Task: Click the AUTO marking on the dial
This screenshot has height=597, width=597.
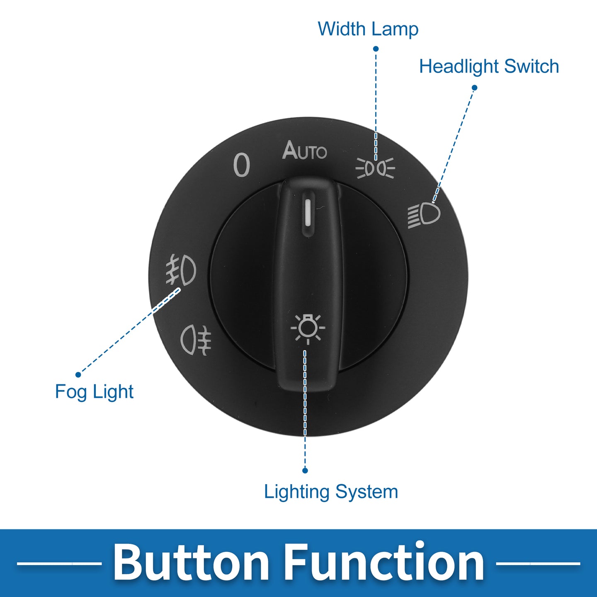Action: point(305,150)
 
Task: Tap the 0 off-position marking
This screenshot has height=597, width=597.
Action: point(242,165)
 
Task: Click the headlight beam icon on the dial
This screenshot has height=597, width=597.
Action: point(424,214)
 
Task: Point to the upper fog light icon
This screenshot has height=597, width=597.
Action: point(181,269)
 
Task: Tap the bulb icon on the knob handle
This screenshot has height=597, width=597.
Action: point(308,329)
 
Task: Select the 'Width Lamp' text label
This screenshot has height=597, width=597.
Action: point(368,29)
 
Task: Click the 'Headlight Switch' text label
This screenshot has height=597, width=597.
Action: point(489,66)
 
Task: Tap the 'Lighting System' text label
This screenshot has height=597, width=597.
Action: point(331,492)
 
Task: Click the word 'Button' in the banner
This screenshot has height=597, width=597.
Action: point(190,562)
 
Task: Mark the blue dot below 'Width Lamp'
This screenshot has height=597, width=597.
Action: point(376,49)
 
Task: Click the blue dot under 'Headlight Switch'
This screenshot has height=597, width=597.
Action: point(474,88)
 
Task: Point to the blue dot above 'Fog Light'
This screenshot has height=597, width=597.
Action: point(78,375)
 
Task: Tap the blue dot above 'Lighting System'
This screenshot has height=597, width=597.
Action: point(305,470)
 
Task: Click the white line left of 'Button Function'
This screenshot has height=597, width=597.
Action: point(59,563)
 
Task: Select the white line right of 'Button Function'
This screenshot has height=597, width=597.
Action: point(538,563)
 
